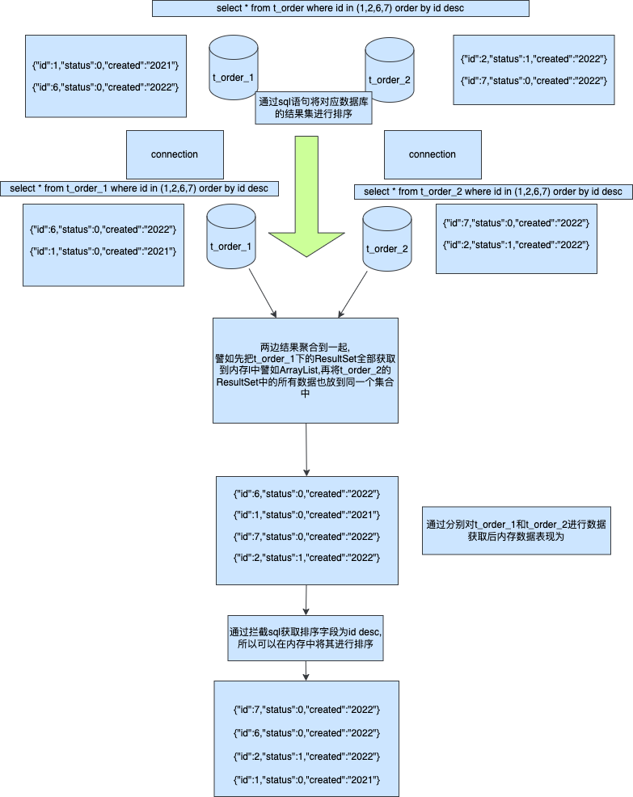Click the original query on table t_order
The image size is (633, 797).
340,9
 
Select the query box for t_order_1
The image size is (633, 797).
140,188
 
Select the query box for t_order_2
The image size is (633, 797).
493,192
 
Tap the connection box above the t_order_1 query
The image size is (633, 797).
175,154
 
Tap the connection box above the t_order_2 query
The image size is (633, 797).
432,154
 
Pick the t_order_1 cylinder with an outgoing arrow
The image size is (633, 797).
231,237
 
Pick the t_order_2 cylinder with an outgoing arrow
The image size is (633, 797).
387,240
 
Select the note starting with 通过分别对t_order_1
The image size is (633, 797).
516,530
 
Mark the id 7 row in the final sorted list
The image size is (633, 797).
306,710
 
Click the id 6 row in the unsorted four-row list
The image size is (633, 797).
306,493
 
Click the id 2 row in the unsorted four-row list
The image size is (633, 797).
306,558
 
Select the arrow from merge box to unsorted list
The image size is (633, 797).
306,449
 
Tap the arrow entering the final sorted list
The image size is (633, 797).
306,670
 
